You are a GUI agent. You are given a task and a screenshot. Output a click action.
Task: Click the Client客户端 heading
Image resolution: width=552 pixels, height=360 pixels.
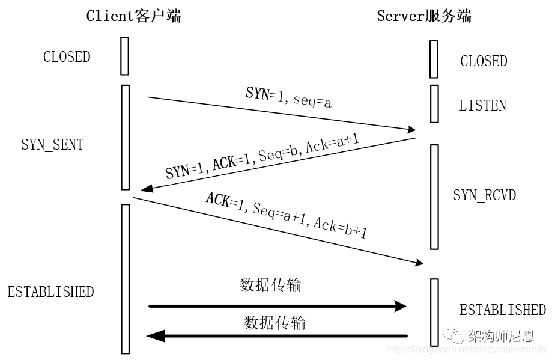[x=133, y=16]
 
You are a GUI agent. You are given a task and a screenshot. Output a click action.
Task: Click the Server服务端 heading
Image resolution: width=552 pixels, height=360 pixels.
[x=424, y=16]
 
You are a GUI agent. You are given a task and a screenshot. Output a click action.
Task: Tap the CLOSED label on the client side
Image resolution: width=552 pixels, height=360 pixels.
[x=67, y=57]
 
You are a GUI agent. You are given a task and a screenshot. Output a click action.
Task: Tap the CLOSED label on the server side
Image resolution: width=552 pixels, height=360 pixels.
[x=484, y=61]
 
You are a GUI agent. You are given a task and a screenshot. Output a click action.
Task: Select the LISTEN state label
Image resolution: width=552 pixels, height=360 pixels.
[x=483, y=106]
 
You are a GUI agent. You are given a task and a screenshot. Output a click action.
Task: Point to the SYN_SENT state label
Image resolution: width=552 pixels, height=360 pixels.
[x=52, y=145]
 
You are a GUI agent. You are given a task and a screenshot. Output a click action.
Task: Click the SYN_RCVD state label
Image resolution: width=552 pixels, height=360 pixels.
[x=484, y=196]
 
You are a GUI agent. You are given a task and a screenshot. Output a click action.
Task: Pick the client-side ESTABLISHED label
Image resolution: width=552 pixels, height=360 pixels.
[x=50, y=292]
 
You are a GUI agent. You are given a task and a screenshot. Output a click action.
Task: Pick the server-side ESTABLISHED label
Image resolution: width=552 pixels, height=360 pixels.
[x=502, y=310]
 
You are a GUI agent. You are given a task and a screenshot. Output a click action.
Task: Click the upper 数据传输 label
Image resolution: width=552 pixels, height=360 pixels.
[x=270, y=285]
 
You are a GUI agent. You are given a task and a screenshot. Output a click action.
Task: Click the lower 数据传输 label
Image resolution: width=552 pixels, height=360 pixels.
[x=274, y=323]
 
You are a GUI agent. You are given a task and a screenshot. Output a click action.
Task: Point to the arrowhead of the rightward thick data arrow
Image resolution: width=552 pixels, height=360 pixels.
[x=400, y=306]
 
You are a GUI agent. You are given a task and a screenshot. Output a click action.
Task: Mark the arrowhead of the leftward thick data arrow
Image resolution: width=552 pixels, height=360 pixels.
[x=156, y=336]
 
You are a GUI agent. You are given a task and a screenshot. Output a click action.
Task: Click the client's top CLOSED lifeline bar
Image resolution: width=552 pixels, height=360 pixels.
[x=124, y=56]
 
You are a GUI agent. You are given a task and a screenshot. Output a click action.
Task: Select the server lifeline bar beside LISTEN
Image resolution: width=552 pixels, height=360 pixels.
[x=434, y=103]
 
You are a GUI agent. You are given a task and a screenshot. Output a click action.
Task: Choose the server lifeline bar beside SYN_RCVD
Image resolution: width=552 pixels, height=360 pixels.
[x=434, y=197]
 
